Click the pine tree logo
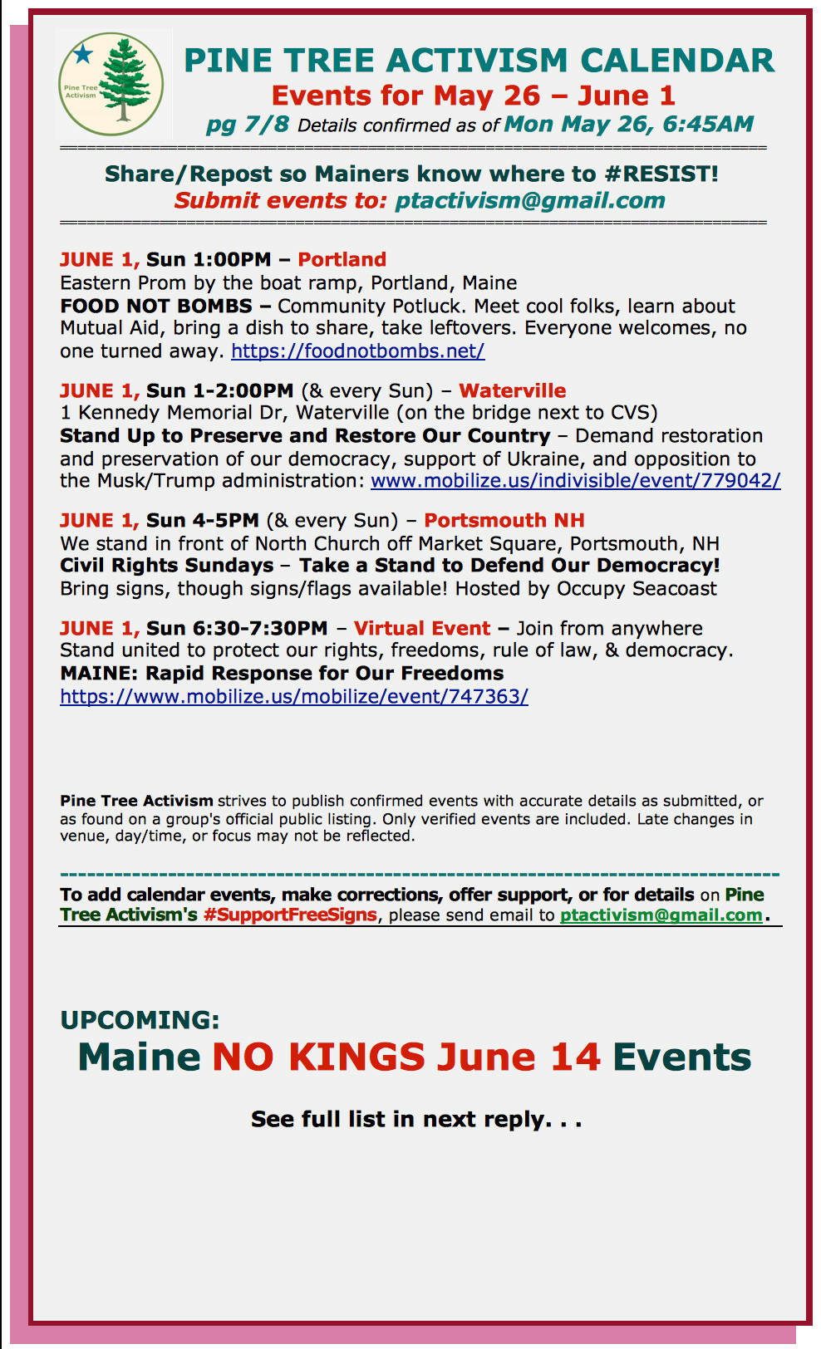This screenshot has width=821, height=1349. click(111, 85)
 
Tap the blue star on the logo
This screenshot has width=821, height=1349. click(83, 55)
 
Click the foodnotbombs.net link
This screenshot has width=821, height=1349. click(357, 351)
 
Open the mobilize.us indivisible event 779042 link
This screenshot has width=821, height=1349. click(575, 481)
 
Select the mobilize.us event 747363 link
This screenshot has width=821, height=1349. click(294, 696)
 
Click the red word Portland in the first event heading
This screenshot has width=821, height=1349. click(342, 260)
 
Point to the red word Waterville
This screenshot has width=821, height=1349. click(512, 391)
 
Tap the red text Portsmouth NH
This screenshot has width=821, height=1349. click(504, 521)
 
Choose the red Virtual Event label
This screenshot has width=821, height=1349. click(422, 629)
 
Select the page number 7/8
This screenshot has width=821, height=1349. click(266, 125)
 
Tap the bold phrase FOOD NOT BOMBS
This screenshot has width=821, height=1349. click(155, 307)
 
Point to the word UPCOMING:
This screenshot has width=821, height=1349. click(140, 1020)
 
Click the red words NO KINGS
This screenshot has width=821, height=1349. click(319, 1057)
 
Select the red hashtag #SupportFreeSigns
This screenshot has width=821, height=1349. click(290, 915)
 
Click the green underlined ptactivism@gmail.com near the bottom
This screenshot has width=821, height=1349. click(661, 915)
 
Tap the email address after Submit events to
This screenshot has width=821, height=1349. click(529, 201)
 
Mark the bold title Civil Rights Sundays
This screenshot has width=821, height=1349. click(166, 566)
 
